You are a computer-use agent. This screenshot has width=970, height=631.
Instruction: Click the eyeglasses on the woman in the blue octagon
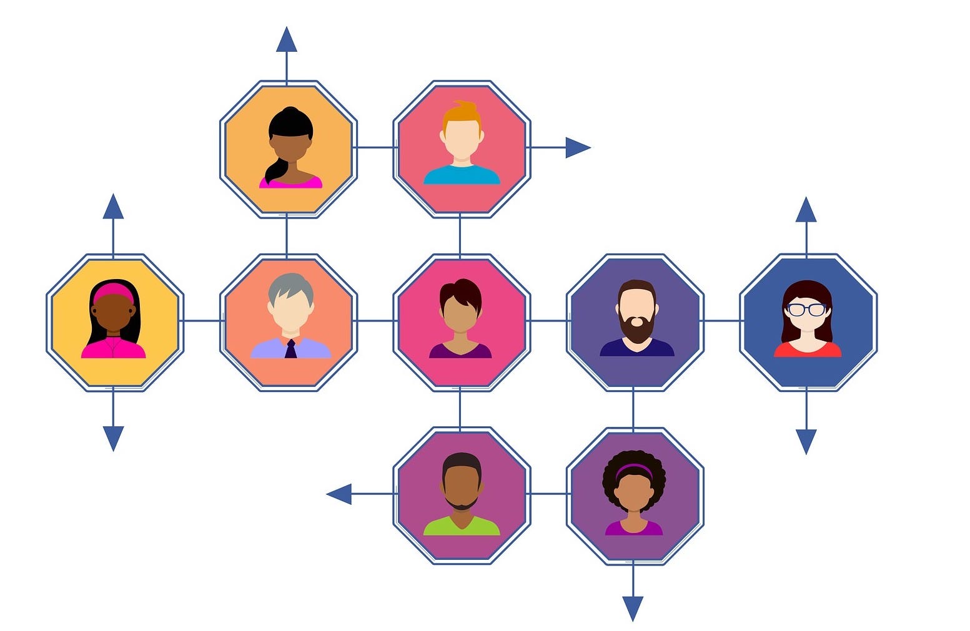[x=806, y=309]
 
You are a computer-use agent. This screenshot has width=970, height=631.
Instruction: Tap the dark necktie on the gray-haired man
[x=290, y=349]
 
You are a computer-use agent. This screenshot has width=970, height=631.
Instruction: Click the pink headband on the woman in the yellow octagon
[x=113, y=291]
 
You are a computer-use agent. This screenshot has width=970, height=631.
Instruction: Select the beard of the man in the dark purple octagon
[x=636, y=328]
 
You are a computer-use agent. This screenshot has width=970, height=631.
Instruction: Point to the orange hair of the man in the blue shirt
[x=462, y=114]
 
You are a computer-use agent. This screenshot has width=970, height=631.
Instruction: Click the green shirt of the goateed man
[x=462, y=527]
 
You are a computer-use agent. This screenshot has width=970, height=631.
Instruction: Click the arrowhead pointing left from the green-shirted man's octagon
[x=339, y=494]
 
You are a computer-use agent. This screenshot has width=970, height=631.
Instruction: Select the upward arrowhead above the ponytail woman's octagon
[x=287, y=40]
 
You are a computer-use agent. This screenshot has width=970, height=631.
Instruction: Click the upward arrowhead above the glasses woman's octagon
[x=806, y=210]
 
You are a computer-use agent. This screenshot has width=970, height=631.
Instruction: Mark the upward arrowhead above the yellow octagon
[x=113, y=207]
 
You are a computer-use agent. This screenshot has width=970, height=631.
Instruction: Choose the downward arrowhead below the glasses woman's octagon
[x=806, y=441]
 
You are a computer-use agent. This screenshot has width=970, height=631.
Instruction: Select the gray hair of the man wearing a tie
[x=290, y=285]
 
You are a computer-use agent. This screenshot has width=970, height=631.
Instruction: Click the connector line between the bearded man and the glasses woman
[x=721, y=321]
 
